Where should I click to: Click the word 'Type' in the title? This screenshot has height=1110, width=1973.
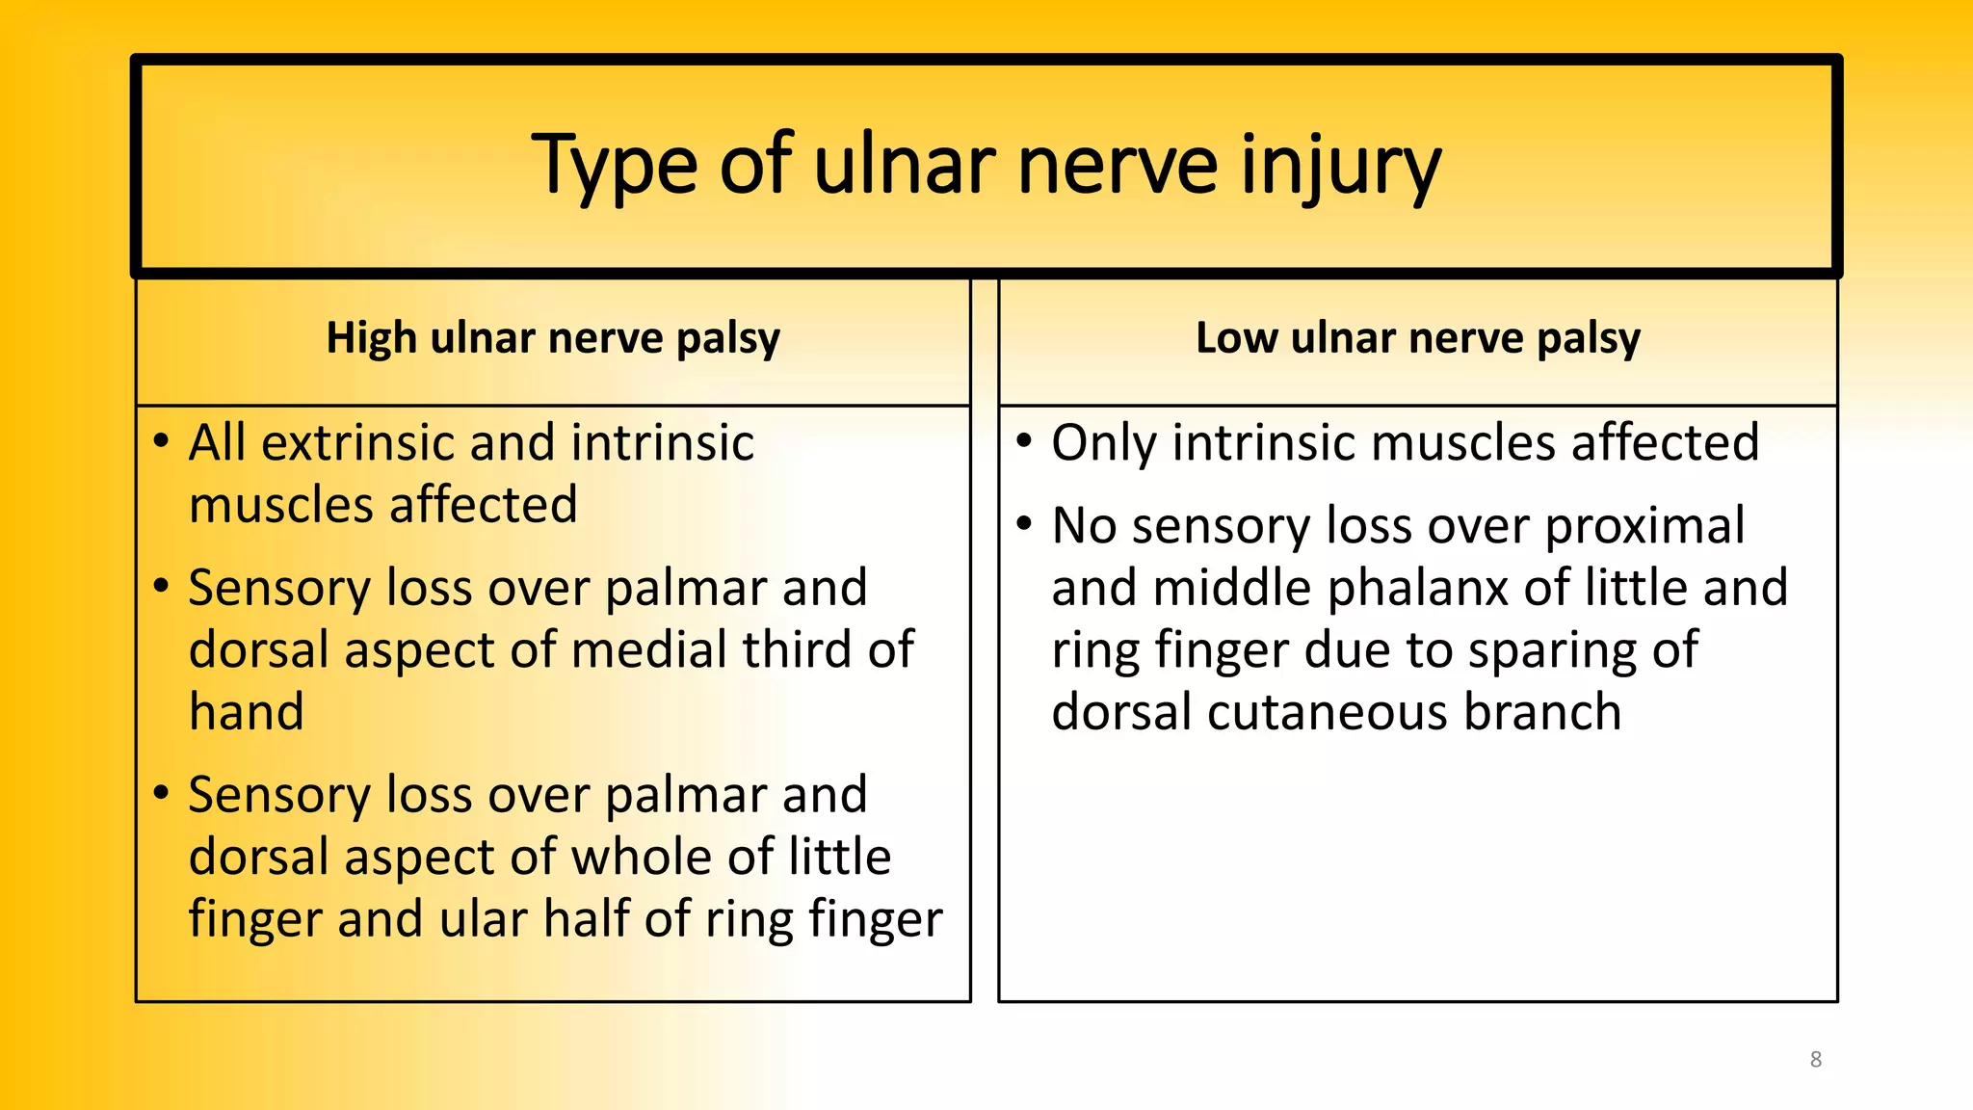tap(614, 166)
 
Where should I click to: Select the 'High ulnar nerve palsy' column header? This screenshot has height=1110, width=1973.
tap(553, 338)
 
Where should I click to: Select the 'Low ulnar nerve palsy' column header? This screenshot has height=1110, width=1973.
tap(1417, 338)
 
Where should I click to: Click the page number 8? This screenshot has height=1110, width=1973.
tap(1816, 1060)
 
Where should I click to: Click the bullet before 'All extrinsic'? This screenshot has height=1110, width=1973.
tap(162, 442)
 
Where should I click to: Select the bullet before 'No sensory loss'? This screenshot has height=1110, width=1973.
tap(1024, 525)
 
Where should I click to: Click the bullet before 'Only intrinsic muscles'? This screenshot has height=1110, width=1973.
tap(1024, 442)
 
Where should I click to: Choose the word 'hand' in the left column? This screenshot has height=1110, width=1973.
tap(247, 713)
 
